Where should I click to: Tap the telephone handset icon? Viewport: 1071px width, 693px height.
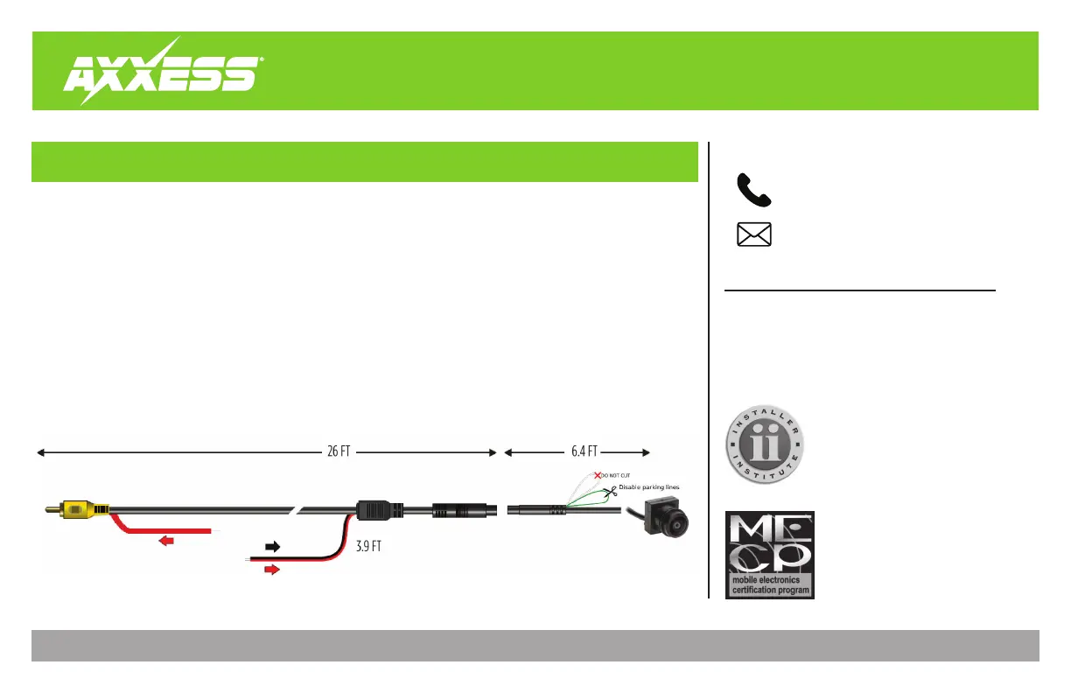754,190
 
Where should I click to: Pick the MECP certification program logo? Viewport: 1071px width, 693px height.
770,555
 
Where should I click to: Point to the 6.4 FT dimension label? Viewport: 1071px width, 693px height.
579,452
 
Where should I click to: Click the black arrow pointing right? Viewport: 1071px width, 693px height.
273,547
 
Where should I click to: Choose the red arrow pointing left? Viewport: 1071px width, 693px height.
165,541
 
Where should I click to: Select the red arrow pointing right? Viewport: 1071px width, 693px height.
273,569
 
